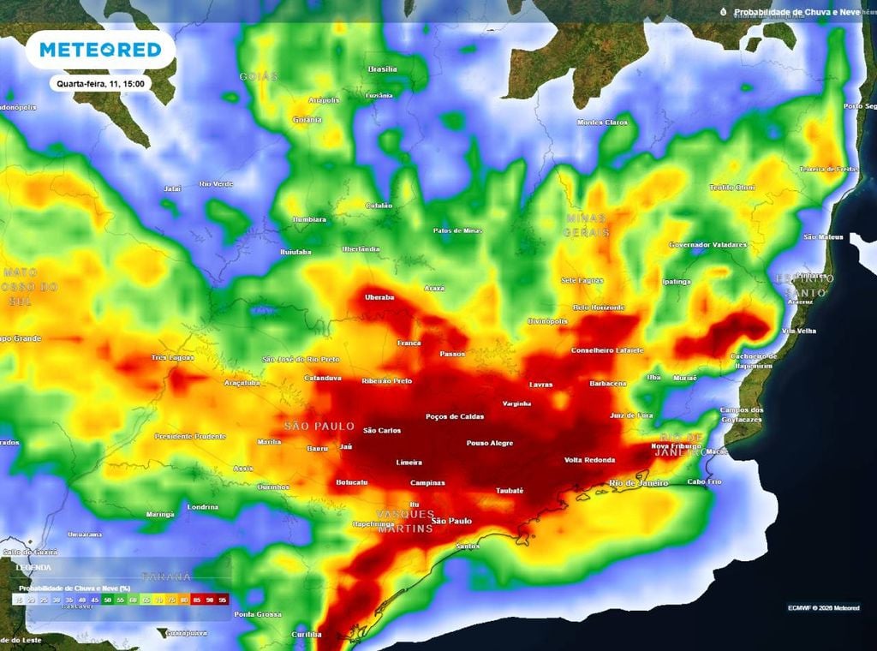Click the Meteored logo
[x=100, y=51]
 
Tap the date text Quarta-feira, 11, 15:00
[x=100, y=84]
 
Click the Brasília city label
[x=382, y=69]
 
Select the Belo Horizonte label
[x=598, y=307]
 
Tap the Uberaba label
[x=379, y=297]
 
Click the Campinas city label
[x=427, y=482]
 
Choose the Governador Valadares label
[x=707, y=244]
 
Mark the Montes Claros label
[x=602, y=122]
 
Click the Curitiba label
[x=306, y=635]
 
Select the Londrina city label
[x=203, y=506]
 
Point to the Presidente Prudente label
[x=191, y=436]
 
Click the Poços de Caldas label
[x=455, y=417]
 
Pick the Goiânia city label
[x=307, y=120]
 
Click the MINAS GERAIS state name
[x=587, y=225]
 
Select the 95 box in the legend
[x=223, y=600]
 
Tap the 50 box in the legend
[x=108, y=600]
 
